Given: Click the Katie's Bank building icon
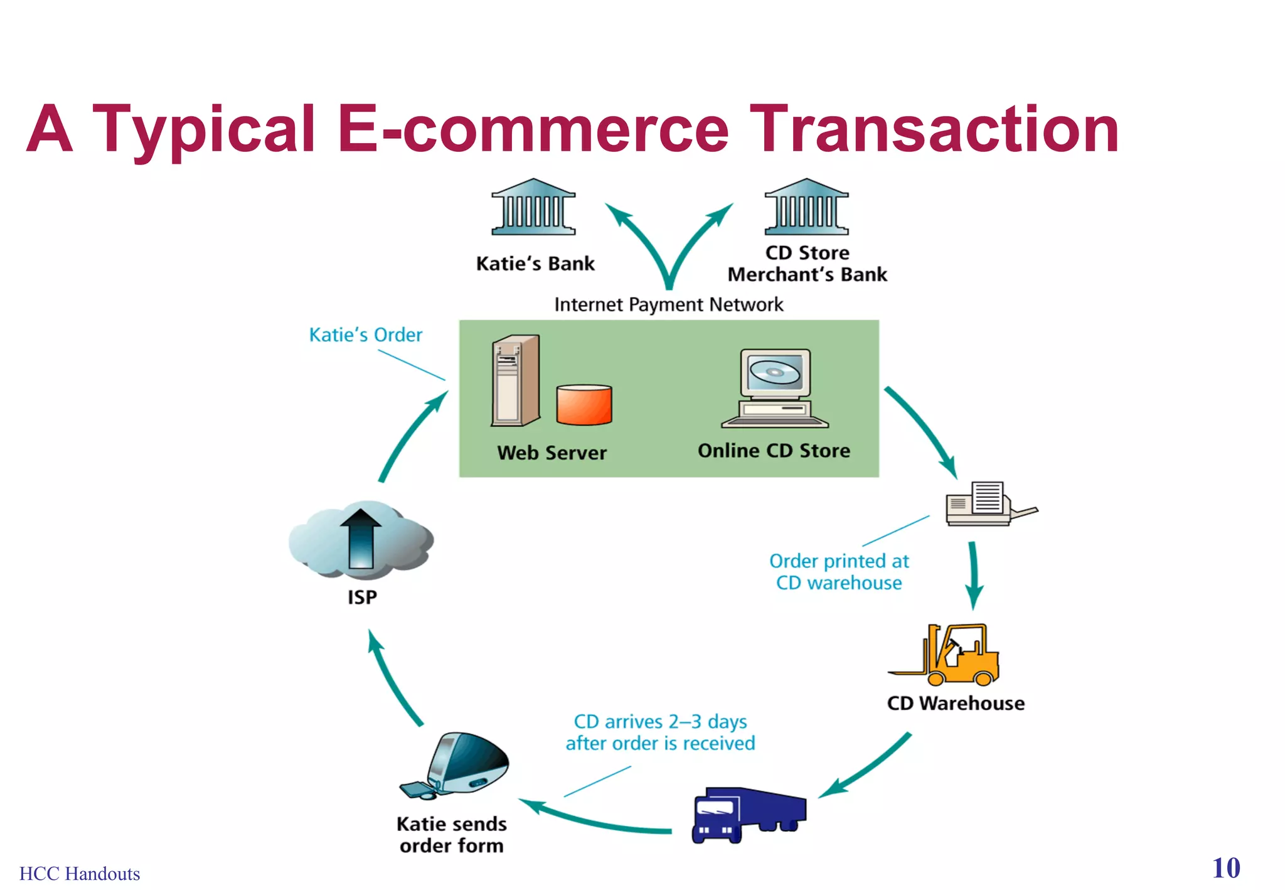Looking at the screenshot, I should pyautogui.click(x=533, y=207).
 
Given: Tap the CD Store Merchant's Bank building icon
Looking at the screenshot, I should pyautogui.click(x=806, y=207).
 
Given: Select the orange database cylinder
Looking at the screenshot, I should pyautogui.click(x=584, y=405).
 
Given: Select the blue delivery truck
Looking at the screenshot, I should pyautogui.click(x=747, y=813).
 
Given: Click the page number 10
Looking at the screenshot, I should pyautogui.click(x=1226, y=869).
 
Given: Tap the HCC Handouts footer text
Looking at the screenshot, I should pyautogui.click(x=80, y=874).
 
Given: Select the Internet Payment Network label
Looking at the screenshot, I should pyautogui.click(x=668, y=305).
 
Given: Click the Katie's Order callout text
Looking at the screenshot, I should pyautogui.click(x=366, y=335).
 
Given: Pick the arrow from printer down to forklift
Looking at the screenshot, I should pyautogui.click(x=973, y=574).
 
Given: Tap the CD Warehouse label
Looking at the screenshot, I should pyautogui.click(x=955, y=704).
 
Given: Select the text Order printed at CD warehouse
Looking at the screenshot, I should pyautogui.click(x=839, y=572).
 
